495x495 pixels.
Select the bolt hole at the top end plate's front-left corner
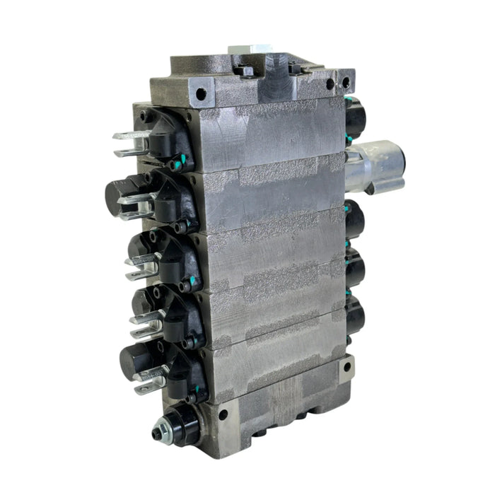tap(201, 93)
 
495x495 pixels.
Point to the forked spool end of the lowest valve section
tap(150, 379)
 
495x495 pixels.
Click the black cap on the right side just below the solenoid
tap(355, 219)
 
